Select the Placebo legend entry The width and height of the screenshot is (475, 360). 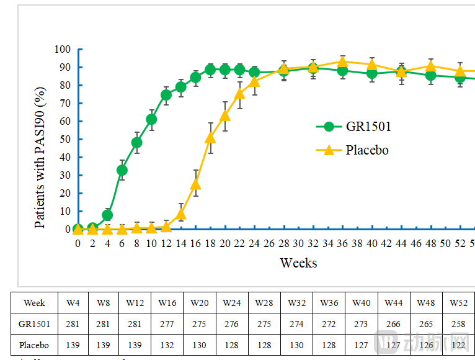[366, 150]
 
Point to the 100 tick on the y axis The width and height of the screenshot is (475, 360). [63, 50]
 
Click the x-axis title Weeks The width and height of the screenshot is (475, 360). [298, 263]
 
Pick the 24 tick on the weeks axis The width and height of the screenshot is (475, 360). [254, 244]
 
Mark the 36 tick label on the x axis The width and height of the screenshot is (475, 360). [342, 244]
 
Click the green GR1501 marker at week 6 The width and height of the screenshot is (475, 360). [122, 169]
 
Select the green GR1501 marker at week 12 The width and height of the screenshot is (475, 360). [166, 95]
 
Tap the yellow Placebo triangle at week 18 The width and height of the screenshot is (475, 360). [210, 137]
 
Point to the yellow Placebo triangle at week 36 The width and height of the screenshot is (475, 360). [342, 61]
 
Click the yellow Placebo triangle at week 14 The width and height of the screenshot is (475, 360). [181, 214]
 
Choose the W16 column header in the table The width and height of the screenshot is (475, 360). [167, 303]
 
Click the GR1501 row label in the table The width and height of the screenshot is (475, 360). [34, 324]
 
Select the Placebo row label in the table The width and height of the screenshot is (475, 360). [34, 345]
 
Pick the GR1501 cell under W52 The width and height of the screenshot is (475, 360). [458, 324]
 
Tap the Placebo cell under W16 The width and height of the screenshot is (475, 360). [167, 345]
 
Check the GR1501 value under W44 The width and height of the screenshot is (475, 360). [393, 324]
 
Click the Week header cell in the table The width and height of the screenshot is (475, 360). [34, 303]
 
